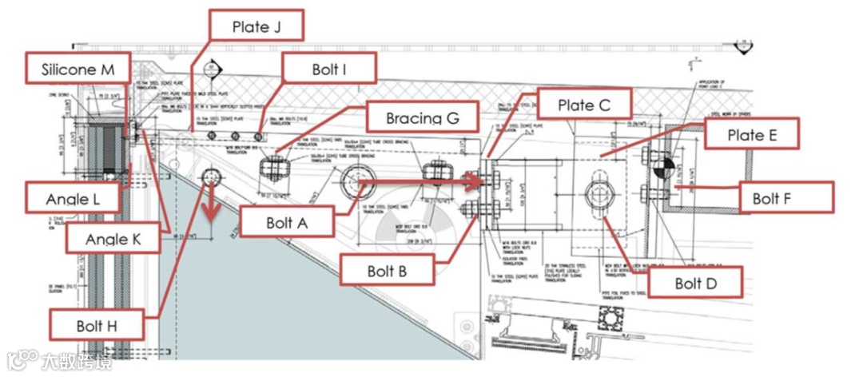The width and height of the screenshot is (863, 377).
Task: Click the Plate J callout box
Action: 257,26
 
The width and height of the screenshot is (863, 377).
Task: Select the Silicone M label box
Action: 78,69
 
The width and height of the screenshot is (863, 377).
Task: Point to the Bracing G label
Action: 422,118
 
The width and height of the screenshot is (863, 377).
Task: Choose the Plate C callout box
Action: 585,105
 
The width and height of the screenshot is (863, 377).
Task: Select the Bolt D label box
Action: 694,283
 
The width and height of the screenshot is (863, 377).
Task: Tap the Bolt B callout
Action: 387,271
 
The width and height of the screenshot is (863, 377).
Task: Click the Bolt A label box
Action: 286,221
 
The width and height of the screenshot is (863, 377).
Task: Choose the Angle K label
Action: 113,237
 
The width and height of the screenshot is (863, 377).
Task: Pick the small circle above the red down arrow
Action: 212,176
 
